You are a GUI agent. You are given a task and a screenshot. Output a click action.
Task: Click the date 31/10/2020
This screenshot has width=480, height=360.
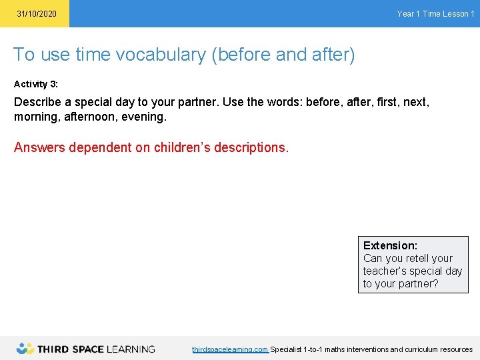point(37,14)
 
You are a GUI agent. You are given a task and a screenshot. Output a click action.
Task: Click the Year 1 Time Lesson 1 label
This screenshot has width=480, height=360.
point(435,14)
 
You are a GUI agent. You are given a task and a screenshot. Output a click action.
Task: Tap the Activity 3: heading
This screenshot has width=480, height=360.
point(36,85)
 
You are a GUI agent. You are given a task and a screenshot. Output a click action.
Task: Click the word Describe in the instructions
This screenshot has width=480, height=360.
point(39,103)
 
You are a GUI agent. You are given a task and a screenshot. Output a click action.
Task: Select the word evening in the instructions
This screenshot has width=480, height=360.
point(144,117)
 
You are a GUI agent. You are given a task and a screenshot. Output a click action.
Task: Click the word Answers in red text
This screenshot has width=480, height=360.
point(39,147)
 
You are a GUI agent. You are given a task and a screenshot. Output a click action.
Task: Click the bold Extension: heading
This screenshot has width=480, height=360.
point(390,245)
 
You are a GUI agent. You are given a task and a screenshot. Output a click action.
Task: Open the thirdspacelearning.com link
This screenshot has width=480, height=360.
point(230,349)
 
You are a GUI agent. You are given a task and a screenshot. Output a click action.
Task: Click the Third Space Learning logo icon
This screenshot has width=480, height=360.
point(25,349)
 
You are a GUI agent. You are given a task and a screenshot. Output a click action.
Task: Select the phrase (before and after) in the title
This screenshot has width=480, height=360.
point(283,55)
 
